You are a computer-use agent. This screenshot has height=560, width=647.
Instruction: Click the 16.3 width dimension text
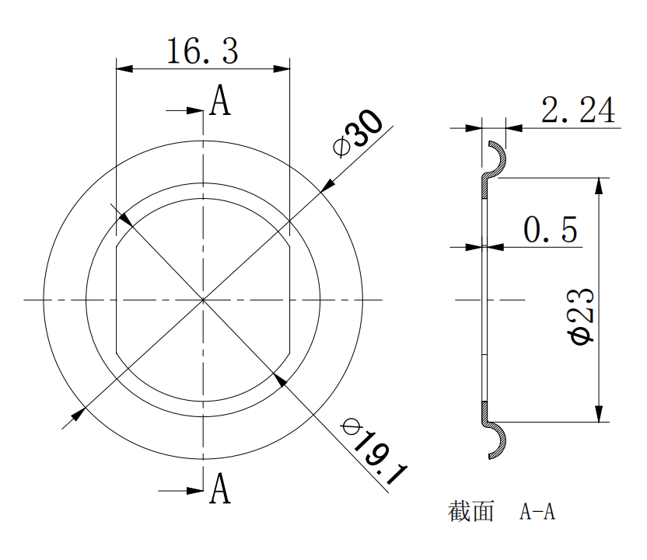[x=203, y=51]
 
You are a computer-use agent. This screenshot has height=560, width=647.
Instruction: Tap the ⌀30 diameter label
[x=358, y=133]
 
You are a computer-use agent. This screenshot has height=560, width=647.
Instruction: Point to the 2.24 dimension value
[x=578, y=110]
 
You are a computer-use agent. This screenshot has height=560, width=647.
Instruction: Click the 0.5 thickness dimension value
[x=551, y=229]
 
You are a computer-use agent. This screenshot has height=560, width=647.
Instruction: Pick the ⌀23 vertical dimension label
[x=582, y=316]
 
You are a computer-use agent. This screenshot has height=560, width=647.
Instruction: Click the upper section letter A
[x=220, y=100]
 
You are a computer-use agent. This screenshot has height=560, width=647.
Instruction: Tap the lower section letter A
[x=220, y=489]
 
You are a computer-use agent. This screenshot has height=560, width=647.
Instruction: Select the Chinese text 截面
[x=470, y=511]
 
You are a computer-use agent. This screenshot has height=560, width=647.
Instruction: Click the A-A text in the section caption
[x=537, y=512]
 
